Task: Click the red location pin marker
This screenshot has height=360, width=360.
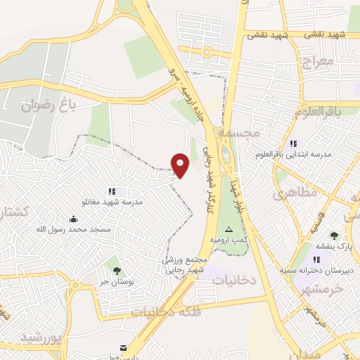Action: [x=181, y=165]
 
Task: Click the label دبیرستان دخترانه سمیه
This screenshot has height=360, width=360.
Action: [x=315, y=269]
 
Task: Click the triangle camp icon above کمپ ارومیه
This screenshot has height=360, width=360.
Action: [x=228, y=230]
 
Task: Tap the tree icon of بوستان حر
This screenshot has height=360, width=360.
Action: [x=116, y=271]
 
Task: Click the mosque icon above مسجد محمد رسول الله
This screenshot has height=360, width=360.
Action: [x=74, y=219]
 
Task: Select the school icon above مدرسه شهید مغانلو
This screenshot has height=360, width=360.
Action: [x=111, y=191]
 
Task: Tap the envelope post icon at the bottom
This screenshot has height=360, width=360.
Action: [x=124, y=348]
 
